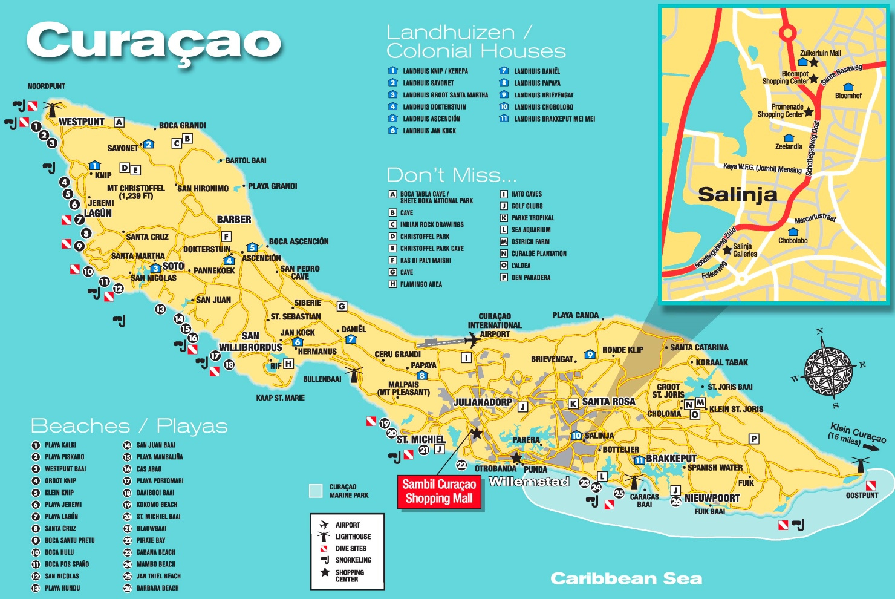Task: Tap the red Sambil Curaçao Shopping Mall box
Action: tap(439, 491)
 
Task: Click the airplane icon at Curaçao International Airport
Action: tap(472, 340)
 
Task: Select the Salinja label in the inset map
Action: tap(737, 194)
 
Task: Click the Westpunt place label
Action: tap(81, 122)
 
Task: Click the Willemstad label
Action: tap(529, 482)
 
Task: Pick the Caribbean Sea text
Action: tap(626, 579)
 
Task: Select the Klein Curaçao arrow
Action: tap(871, 447)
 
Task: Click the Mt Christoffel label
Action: tap(135, 188)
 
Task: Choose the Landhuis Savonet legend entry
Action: tap(428, 83)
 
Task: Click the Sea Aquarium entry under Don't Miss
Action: tap(530, 230)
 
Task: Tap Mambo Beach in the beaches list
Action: tap(155, 564)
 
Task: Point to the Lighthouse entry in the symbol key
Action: tap(353, 537)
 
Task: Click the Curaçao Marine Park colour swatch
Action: tap(315, 491)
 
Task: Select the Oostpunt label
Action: tap(862, 495)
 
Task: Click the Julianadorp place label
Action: tap(483, 402)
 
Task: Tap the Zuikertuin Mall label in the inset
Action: tap(821, 53)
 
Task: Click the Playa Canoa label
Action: tap(575, 315)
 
